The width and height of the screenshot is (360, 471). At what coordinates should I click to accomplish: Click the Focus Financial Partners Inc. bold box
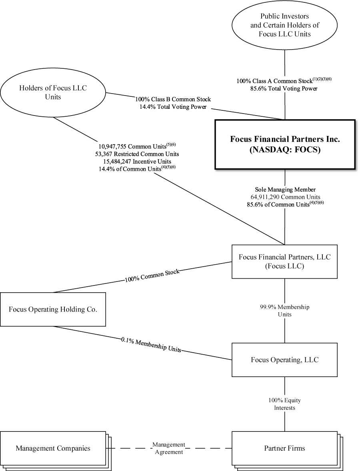click(x=285, y=144)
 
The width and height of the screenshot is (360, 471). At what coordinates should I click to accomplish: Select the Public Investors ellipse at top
click(x=284, y=25)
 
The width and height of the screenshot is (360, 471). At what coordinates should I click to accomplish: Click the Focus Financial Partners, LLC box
click(x=284, y=261)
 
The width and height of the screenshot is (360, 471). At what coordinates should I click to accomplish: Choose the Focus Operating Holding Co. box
click(x=53, y=309)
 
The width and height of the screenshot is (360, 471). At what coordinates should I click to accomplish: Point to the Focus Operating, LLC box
click(x=284, y=360)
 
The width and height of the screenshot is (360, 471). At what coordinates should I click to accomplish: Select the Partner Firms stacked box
click(x=284, y=448)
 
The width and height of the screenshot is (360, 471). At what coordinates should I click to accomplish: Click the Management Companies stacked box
click(x=53, y=448)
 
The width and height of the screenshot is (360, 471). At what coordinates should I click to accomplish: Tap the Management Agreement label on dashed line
click(x=168, y=448)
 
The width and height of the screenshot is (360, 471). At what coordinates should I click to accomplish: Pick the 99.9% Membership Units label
click(x=284, y=311)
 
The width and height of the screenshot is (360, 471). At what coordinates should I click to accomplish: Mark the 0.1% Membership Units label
click(x=151, y=345)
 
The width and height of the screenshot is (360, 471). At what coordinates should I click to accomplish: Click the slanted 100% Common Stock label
click(x=152, y=276)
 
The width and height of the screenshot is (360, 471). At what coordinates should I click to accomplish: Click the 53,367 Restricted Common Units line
click(x=138, y=154)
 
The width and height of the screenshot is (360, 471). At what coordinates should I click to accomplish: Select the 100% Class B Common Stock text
click(x=173, y=99)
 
